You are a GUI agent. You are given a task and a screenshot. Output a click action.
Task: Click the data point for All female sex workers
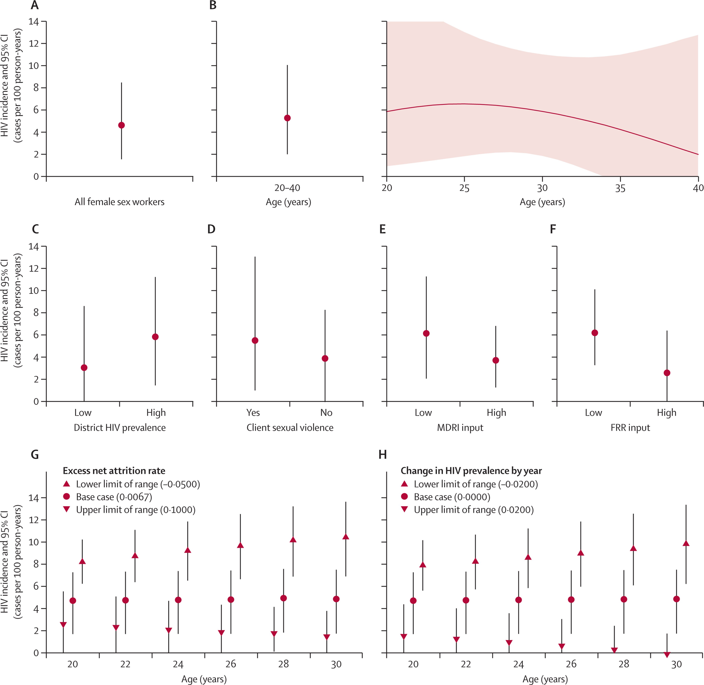click(x=122, y=125)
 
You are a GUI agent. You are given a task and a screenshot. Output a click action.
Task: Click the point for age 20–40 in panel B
click(x=287, y=118)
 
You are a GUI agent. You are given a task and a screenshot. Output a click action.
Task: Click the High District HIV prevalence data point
click(x=155, y=337)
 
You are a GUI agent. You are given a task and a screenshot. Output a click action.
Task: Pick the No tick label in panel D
click(x=326, y=413)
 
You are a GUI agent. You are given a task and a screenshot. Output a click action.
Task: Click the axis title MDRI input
click(x=460, y=428)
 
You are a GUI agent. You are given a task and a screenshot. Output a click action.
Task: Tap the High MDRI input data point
click(x=496, y=360)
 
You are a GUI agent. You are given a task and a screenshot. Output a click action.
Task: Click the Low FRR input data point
click(x=595, y=333)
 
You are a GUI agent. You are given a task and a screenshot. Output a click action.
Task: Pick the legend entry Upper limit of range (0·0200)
click(x=473, y=510)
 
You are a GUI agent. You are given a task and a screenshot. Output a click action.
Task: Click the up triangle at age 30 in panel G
click(x=346, y=537)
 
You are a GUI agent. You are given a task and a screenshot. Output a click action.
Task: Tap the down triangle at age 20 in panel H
click(x=404, y=637)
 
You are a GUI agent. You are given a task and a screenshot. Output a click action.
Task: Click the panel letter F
click(x=553, y=229)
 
